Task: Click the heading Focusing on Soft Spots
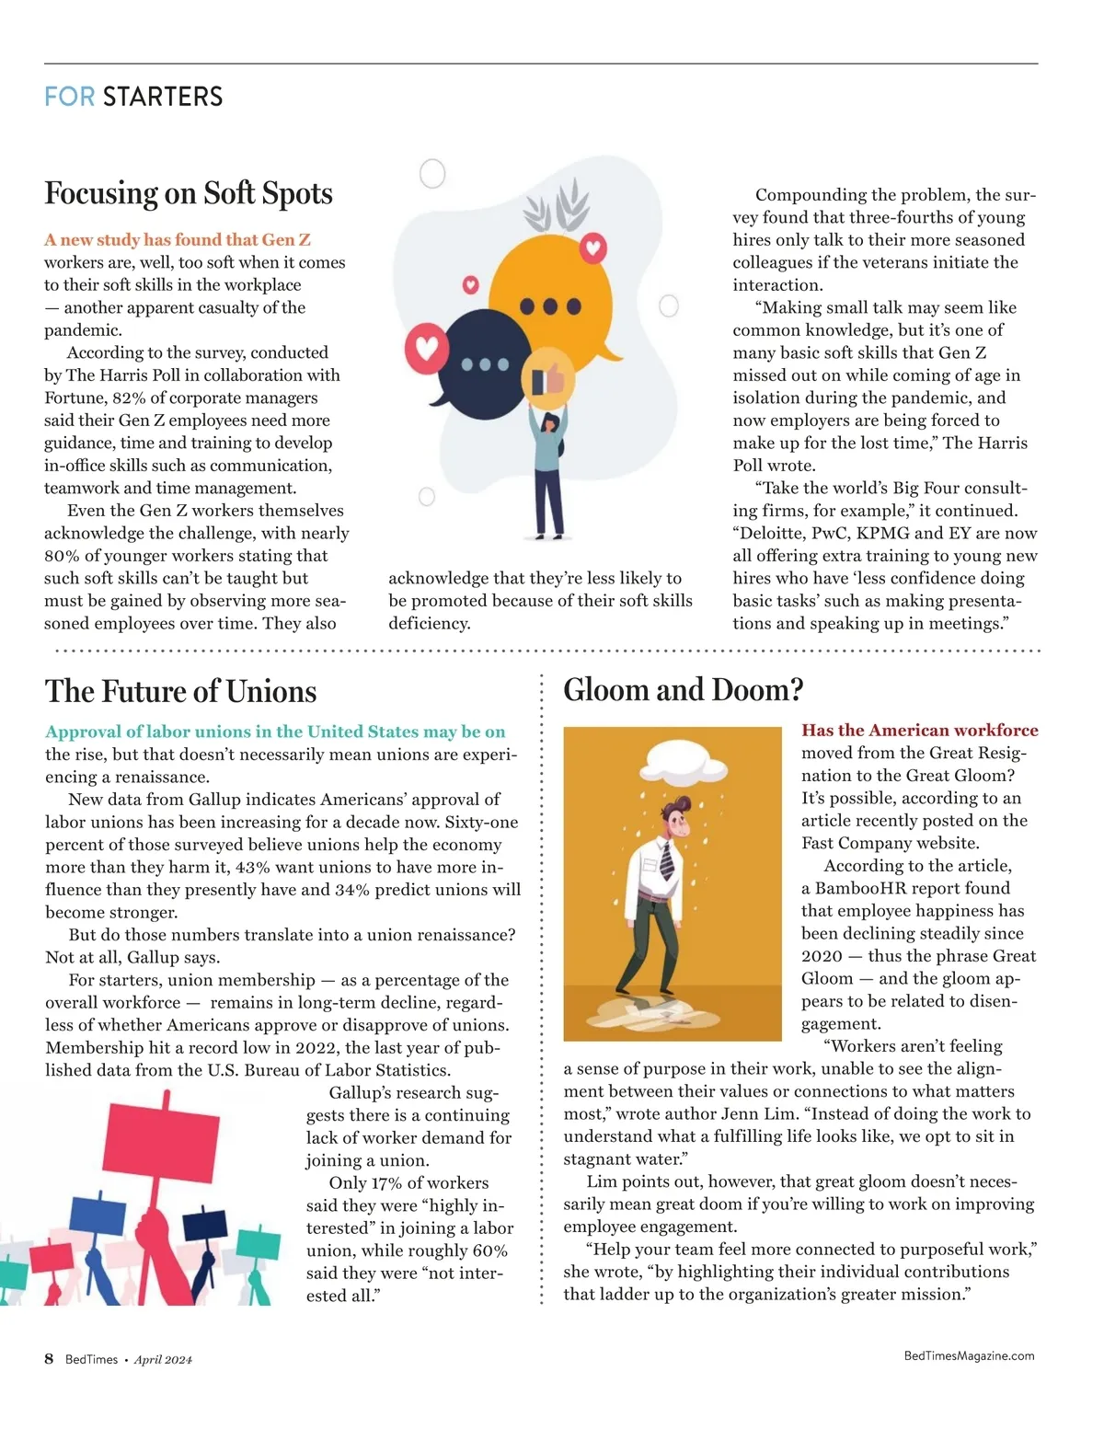pyautogui.click(x=189, y=193)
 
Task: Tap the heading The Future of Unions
pyautogui.click(x=180, y=691)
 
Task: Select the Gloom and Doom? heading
pyautogui.click(x=683, y=689)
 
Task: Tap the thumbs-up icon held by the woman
pyautogui.click(x=548, y=378)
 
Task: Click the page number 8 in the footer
pyautogui.click(x=49, y=1359)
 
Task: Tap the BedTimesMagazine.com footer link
pyautogui.click(x=969, y=1355)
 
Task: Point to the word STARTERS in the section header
pyautogui.click(x=163, y=97)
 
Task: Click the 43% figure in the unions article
pyautogui.click(x=252, y=867)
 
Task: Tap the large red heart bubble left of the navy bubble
pyautogui.click(x=427, y=348)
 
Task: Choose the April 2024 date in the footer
pyautogui.click(x=163, y=1360)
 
